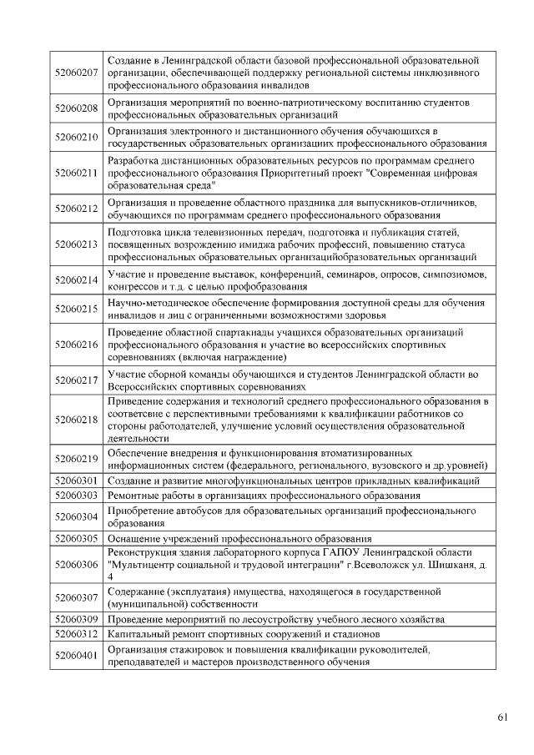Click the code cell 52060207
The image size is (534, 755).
click(76, 73)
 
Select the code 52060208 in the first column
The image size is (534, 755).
click(76, 108)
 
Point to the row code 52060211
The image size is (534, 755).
click(76, 173)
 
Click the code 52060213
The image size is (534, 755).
click(76, 244)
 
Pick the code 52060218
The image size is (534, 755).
click(76, 420)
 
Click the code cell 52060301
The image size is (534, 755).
click(76, 481)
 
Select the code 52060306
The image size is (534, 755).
click(76, 565)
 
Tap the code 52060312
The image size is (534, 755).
click(76, 633)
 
